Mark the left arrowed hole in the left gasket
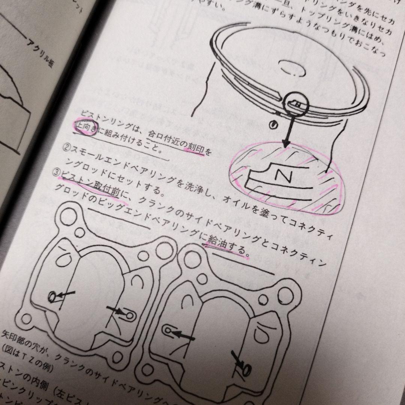tap(52, 296)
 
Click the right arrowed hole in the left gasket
tap(130, 315)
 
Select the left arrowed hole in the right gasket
tap(169, 330)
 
